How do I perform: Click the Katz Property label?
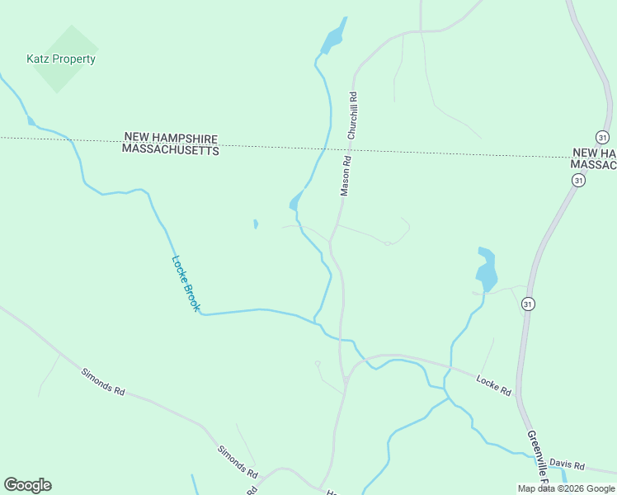61,59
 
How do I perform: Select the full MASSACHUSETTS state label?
171,150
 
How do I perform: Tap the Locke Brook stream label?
186,283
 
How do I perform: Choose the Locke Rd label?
494,384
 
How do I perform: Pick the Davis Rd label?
567,465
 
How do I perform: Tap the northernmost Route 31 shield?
602,136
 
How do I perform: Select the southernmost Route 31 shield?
528,304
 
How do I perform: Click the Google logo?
27,485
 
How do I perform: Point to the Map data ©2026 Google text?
566,488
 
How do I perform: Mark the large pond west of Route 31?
487,269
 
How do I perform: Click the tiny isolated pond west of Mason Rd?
256,224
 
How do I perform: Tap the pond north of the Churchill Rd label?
333,37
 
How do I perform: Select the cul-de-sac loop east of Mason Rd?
387,243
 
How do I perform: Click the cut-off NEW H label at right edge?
595,154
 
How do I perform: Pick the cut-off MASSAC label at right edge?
594,166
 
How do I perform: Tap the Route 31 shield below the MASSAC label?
579,180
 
